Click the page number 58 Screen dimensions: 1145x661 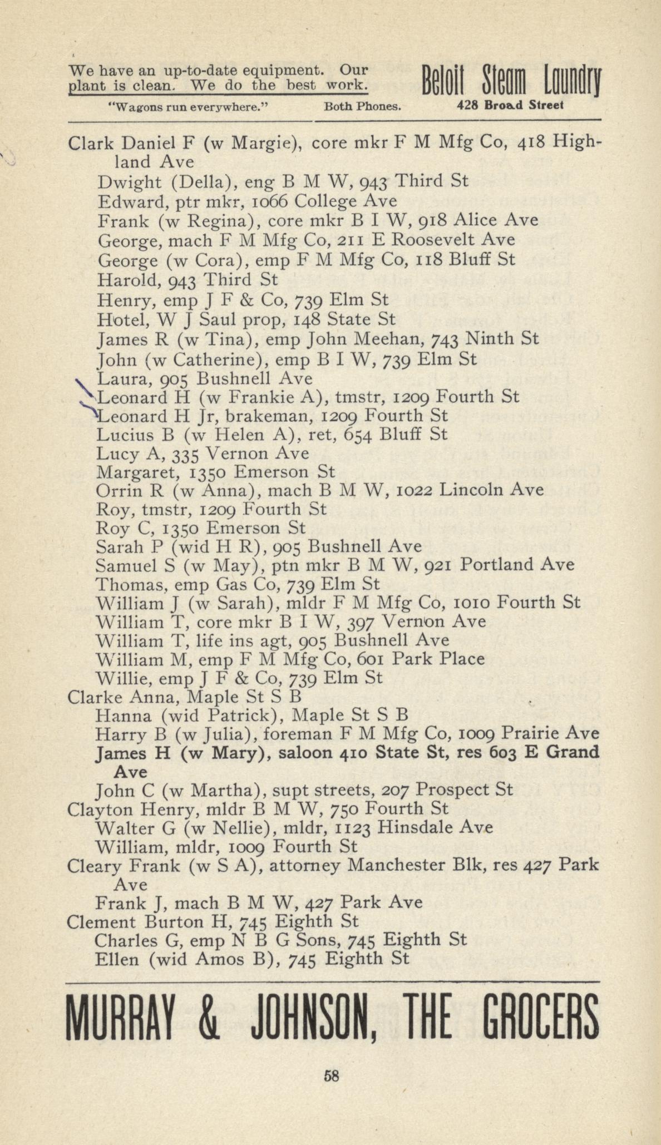(x=332, y=1075)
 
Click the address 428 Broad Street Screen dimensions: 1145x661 (x=510, y=105)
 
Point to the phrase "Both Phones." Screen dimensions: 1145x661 (x=362, y=106)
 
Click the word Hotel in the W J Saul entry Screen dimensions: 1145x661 (x=119, y=320)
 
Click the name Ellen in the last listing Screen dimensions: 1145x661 (x=114, y=959)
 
